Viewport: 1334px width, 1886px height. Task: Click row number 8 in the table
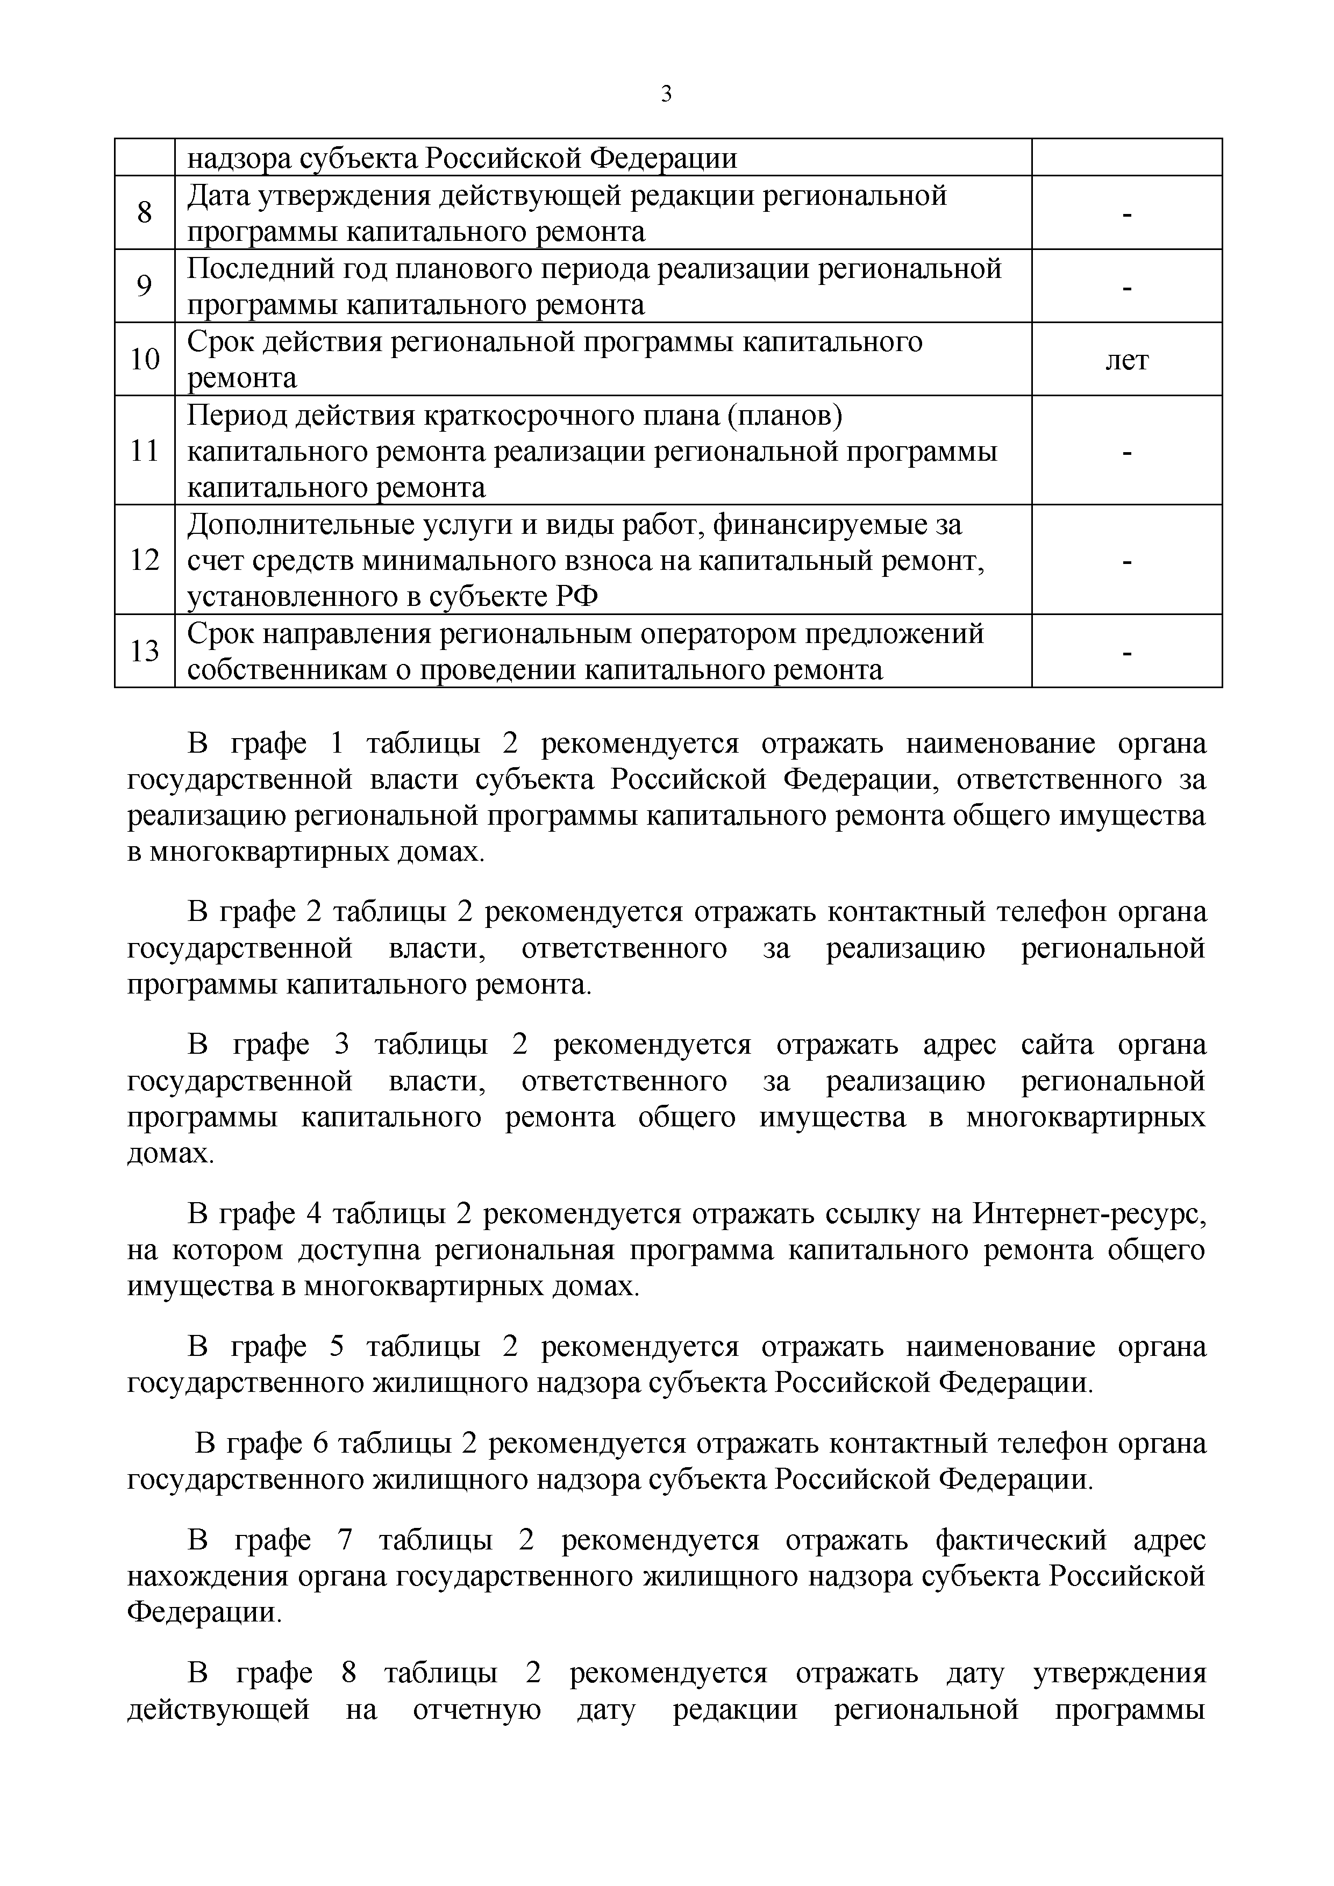(145, 213)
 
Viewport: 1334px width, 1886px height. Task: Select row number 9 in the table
(145, 286)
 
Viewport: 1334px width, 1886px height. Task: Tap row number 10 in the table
(145, 359)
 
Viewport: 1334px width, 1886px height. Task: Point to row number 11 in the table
(145, 451)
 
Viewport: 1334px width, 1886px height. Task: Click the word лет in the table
(1126, 360)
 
